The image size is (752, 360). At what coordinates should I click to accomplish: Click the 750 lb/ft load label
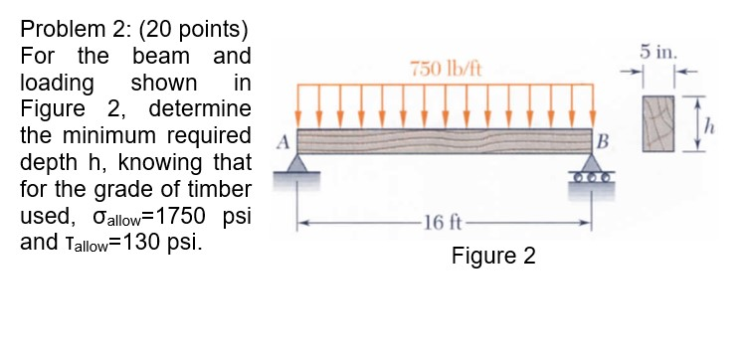coord(439,68)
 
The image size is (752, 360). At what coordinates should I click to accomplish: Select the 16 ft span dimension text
coord(440,221)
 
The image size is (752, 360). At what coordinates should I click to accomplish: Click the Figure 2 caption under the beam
coord(492,257)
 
